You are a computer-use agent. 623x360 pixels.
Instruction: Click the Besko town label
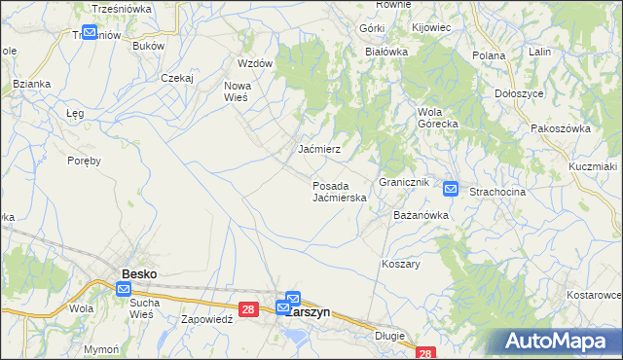coord(138,274)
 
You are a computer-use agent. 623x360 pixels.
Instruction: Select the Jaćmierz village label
coord(318,150)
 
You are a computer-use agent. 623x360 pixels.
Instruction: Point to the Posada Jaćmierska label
coord(339,191)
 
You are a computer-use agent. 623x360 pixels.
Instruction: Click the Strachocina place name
coord(497,192)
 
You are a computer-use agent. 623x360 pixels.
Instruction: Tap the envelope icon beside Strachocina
coord(451,188)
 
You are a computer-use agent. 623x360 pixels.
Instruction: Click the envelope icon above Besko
coord(124,289)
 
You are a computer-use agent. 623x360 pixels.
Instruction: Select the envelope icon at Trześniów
coord(90,32)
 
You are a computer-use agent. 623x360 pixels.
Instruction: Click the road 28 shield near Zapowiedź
coord(249,309)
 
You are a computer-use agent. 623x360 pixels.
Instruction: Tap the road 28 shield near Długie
coord(423,354)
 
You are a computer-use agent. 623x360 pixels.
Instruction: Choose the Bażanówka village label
coord(420,214)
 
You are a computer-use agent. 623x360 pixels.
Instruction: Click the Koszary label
coord(400,264)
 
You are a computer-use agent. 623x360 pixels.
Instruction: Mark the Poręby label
coord(85,161)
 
